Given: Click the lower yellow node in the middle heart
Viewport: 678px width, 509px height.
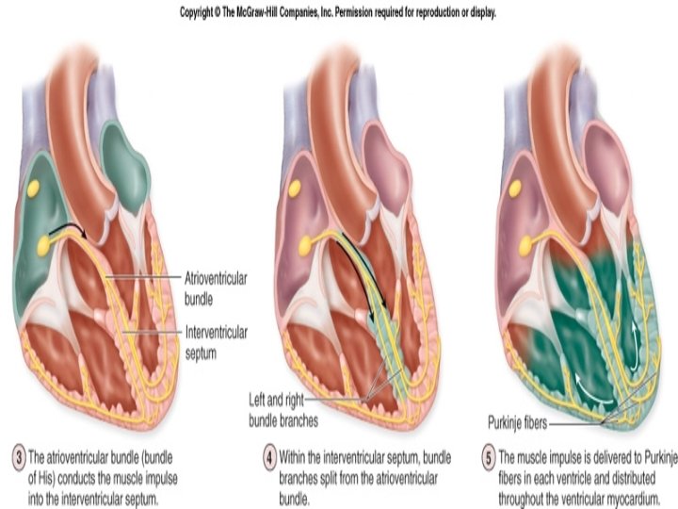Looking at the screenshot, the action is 305,247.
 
